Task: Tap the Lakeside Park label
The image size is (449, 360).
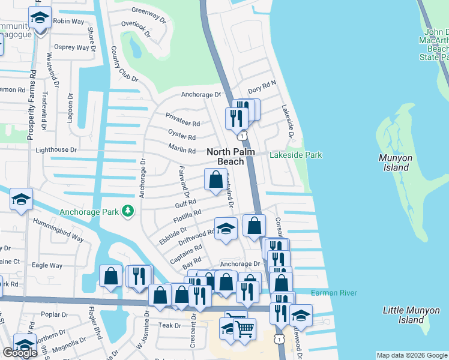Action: click(295, 155)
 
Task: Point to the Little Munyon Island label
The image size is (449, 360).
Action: click(406, 315)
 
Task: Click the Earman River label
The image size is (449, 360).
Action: click(334, 293)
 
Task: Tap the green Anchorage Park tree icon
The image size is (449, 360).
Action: click(127, 211)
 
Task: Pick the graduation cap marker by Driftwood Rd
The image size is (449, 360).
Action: click(226, 230)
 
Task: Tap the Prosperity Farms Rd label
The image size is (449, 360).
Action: click(32, 105)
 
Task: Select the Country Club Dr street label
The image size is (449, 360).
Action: click(124, 63)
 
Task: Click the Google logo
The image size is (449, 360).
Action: click(20, 353)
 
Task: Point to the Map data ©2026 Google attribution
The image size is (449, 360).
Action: click(411, 355)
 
